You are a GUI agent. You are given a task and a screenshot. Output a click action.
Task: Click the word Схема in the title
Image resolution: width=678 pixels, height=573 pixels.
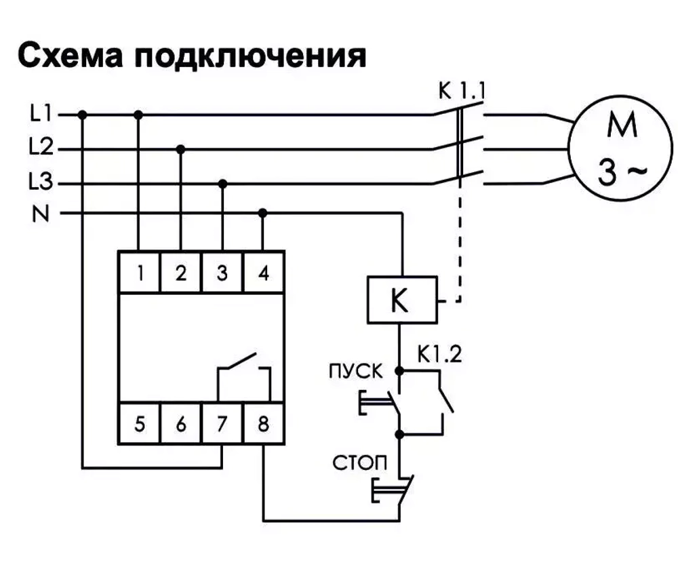pos(68,56)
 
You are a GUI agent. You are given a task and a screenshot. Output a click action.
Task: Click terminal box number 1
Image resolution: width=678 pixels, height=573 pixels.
pos(140,273)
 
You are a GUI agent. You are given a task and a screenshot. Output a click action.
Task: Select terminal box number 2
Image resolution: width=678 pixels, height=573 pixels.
pos(180,273)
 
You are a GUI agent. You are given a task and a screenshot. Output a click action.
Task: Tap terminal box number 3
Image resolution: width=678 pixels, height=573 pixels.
pos(222,273)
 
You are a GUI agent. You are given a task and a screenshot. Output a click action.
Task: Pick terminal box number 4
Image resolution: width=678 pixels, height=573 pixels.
pos(264,273)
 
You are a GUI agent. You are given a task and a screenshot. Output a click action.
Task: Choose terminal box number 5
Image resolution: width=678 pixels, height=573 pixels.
pos(140,424)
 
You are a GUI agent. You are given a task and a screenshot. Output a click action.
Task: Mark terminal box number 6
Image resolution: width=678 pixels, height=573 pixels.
pos(180,424)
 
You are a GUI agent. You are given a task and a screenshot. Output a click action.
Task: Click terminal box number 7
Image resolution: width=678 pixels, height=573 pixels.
pos(222,424)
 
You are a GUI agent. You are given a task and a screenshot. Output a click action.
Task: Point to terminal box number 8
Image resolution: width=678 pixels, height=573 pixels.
pos(264,424)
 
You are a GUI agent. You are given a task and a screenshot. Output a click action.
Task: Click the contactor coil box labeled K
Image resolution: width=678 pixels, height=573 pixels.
pos(401,300)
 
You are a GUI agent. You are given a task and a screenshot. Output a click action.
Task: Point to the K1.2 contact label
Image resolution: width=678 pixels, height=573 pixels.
pos(439,355)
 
